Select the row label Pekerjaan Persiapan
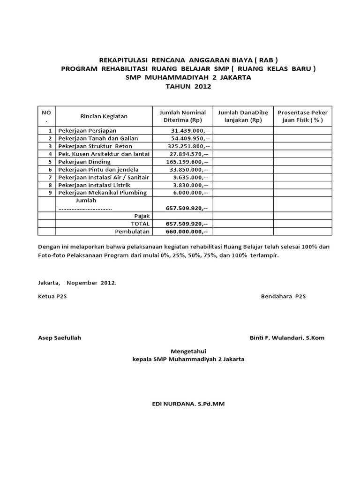87,130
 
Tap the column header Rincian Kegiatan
104,116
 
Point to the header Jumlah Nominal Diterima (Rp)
183,116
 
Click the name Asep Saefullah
59,338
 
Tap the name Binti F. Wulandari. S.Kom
288,338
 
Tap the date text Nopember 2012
91,283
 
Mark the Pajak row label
142,216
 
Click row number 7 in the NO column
49,177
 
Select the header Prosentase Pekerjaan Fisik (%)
302,116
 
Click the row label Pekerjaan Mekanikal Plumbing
102,193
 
